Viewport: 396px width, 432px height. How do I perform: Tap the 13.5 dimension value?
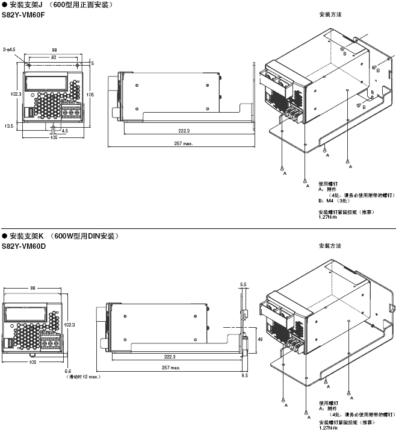pyautogui.click(x=8, y=126)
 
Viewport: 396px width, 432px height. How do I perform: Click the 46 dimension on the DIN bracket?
pyautogui.click(x=259, y=339)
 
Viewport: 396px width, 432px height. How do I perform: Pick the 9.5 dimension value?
pyautogui.click(x=244, y=375)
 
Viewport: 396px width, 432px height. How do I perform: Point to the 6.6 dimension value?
pyautogui.click(x=68, y=371)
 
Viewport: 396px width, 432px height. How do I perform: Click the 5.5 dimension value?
pyautogui.click(x=243, y=283)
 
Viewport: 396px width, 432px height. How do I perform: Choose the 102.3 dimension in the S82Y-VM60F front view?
pyautogui.click(x=16, y=94)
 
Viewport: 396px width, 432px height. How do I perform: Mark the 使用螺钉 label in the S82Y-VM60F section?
pyautogui.click(x=328, y=184)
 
